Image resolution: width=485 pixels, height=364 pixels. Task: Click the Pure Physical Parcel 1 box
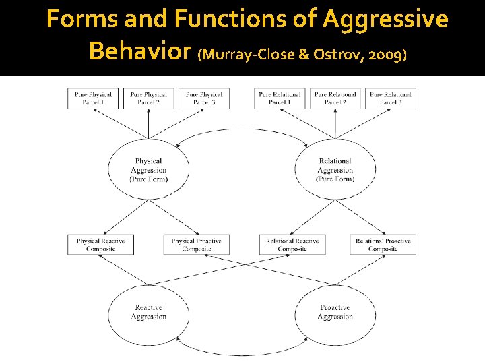93,98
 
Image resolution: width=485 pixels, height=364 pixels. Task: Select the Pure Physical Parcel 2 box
148,98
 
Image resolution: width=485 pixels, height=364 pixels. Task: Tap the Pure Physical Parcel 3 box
203,98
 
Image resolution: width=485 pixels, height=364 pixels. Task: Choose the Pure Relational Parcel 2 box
335,98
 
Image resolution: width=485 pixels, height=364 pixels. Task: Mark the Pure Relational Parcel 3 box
391,98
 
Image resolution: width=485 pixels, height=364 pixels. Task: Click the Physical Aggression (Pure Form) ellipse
148,170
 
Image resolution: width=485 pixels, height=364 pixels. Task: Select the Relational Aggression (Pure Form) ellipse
335,170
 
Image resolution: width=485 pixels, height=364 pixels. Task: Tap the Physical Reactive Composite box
100,245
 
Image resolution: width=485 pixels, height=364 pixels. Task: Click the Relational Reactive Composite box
292,245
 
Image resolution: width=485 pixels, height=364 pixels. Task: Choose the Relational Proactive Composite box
383,245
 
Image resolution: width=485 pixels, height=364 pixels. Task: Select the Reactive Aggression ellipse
148,312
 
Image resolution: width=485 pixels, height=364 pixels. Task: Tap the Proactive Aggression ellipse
335,312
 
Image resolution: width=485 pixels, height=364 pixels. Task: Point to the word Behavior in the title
140,51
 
